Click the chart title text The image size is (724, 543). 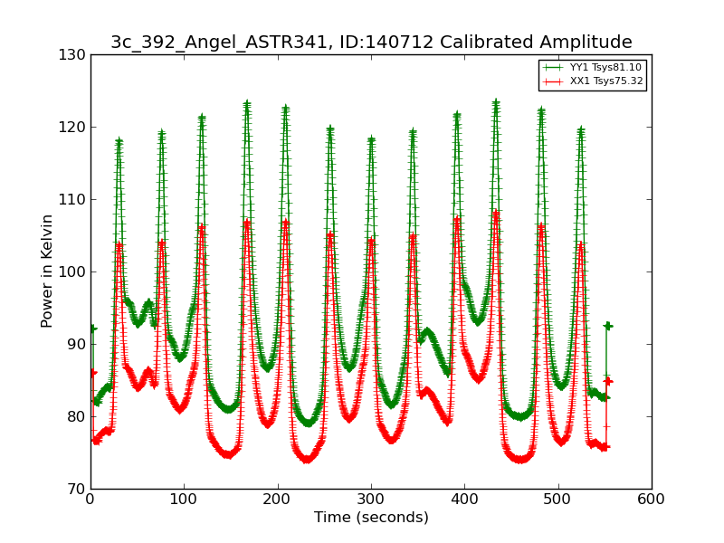point(371,43)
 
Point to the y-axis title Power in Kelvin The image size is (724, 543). point(47,271)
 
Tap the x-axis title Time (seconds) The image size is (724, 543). point(371,518)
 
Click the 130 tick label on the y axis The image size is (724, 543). point(75,54)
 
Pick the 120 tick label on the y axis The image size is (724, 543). point(75,127)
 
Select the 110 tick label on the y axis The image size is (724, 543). point(75,199)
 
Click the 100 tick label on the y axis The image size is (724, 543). point(75,271)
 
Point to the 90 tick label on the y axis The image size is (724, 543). point(78,344)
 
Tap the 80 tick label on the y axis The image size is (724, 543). point(78,416)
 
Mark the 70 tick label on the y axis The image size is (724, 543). point(78,489)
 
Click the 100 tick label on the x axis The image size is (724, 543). point(184,499)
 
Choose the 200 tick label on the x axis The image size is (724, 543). point(278,499)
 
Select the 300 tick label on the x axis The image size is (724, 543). point(371,499)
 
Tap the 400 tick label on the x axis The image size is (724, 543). point(464,499)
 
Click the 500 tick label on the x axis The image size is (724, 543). point(558,499)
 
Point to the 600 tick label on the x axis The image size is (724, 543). point(652,499)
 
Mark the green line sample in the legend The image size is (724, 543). point(553,68)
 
